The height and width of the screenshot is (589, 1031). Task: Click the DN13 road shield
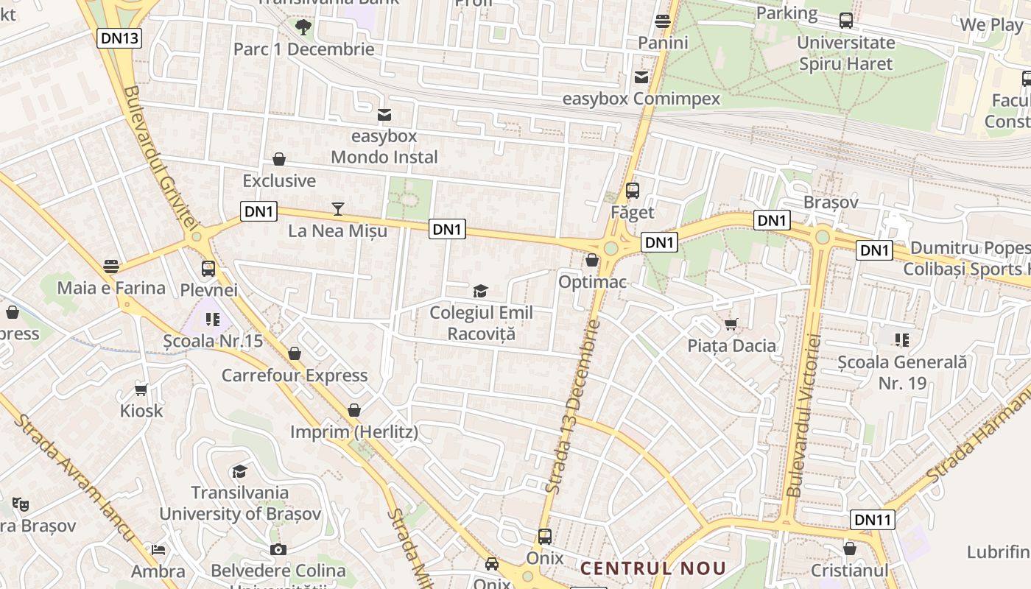click(x=119, y=38)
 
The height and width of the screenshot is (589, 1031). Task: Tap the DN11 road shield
click(x=873, y=520)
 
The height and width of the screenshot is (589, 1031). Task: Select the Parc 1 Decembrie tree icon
click(x=303, y=28)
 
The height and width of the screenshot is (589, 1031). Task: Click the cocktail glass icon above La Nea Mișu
click(x=338, y=209)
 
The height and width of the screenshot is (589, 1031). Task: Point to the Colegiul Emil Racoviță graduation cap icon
click(x=481, y=292)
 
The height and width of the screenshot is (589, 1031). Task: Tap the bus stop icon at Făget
click(x=632, y=191)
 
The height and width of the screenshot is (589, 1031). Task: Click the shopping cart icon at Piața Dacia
click(x=731, y=324)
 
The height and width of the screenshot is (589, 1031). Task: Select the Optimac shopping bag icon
click(x=592, y=260)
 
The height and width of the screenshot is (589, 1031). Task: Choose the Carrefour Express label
click(x=295, y=375)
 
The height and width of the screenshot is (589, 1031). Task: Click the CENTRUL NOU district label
click(x=652, y=568)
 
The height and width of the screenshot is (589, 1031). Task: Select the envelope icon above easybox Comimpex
click(x=641, y=77)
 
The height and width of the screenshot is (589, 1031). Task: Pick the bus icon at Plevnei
click(x=208, y=269)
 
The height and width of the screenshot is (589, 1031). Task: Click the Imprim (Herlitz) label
click(x=353, y=432)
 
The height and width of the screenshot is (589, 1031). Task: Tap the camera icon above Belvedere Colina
click(x=278, y=549)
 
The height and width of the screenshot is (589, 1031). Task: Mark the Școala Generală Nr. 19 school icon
click(x=902, y=339)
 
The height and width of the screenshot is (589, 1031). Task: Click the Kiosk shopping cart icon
click(x=141, y=389)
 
